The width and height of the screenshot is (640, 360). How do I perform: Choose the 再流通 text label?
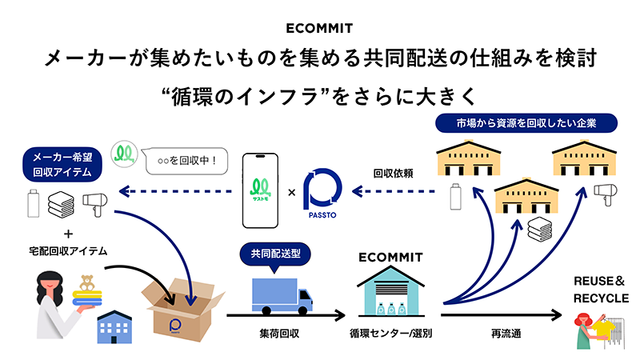495,332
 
